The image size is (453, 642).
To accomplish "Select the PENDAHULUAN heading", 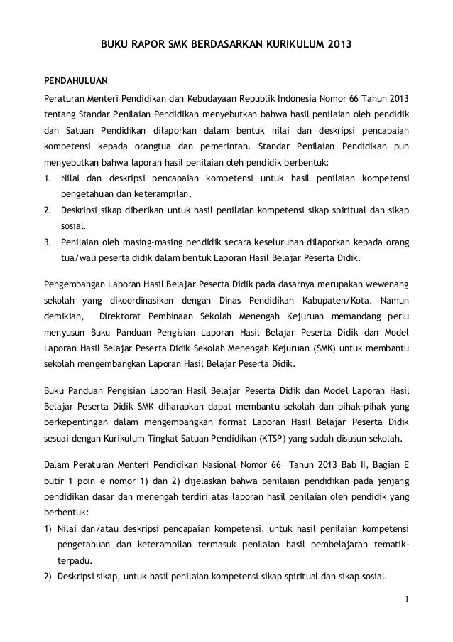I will point(76,78).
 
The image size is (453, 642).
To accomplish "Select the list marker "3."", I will point(48,242).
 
